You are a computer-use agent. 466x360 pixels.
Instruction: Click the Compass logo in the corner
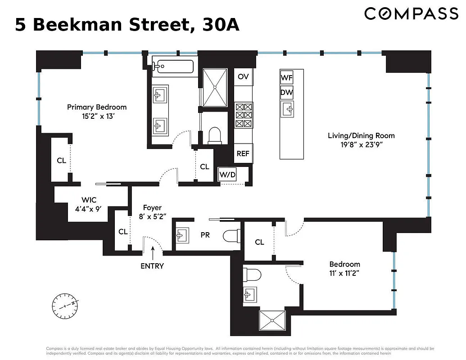(x=411, y=14)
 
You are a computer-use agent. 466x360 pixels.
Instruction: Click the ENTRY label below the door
(x=152, y=266)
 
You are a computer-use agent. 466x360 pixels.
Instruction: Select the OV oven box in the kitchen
(x=243, y=77)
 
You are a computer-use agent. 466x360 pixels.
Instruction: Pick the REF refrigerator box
(x=243, y=153)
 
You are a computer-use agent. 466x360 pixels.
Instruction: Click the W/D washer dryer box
(x=227, y=175)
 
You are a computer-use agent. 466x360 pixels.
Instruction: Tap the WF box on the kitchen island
(x=287, y=78)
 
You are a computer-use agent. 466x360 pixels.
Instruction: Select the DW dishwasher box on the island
(x=287, y=93)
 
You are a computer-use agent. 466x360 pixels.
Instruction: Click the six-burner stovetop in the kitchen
(x=244, y=115)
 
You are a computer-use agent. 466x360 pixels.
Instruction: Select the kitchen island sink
(x=287, y=108)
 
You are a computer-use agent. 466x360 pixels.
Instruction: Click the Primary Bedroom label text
(x=97, y=107)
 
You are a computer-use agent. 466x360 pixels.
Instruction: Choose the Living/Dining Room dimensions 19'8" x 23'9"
(x=361, y=145)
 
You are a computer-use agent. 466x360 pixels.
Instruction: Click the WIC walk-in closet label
(x=89, y=200)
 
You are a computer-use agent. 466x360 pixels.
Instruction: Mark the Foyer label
(x=152, y=207)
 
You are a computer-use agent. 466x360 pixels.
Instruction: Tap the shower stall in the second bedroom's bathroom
(x=272, y=319)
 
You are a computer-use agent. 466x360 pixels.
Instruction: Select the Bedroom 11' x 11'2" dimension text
(x=344, y=273)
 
